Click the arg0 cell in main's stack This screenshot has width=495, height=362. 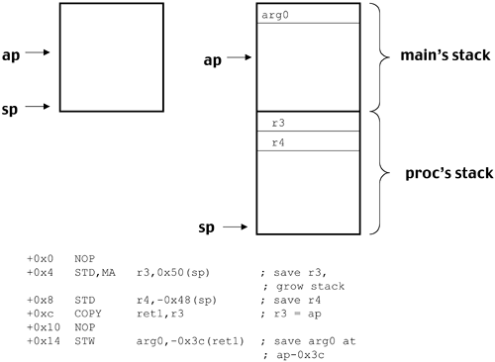click(306, 14)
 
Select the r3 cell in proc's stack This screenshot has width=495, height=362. click(306, 123)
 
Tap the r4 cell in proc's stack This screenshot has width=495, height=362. click(306, 141)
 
